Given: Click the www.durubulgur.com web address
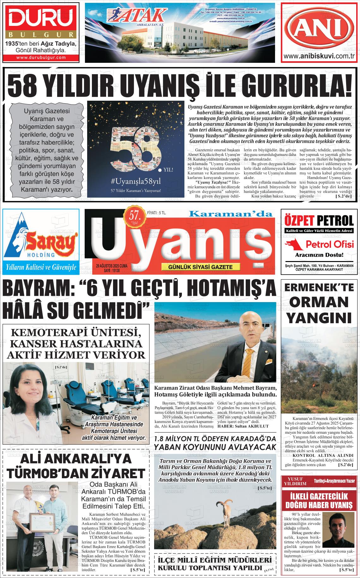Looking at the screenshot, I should point(41,57).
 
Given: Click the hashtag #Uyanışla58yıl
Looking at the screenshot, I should point(136,181).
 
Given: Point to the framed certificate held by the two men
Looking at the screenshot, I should point(41,522).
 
